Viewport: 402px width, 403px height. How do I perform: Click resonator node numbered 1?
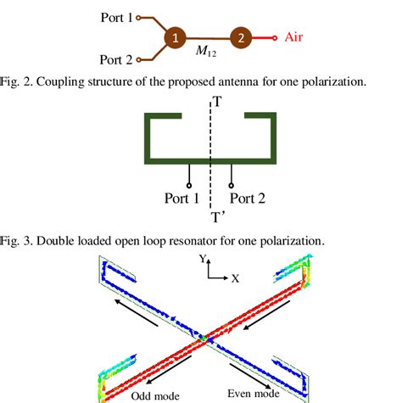(173, 38)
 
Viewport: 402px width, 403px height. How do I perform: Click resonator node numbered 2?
(240, 38)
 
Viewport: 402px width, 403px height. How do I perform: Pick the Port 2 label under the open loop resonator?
(254, 199)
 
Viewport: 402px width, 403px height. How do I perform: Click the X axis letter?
(235, 277)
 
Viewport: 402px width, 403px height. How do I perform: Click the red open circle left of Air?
(274, 38)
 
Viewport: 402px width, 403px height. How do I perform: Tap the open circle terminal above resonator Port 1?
(188, 181)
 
